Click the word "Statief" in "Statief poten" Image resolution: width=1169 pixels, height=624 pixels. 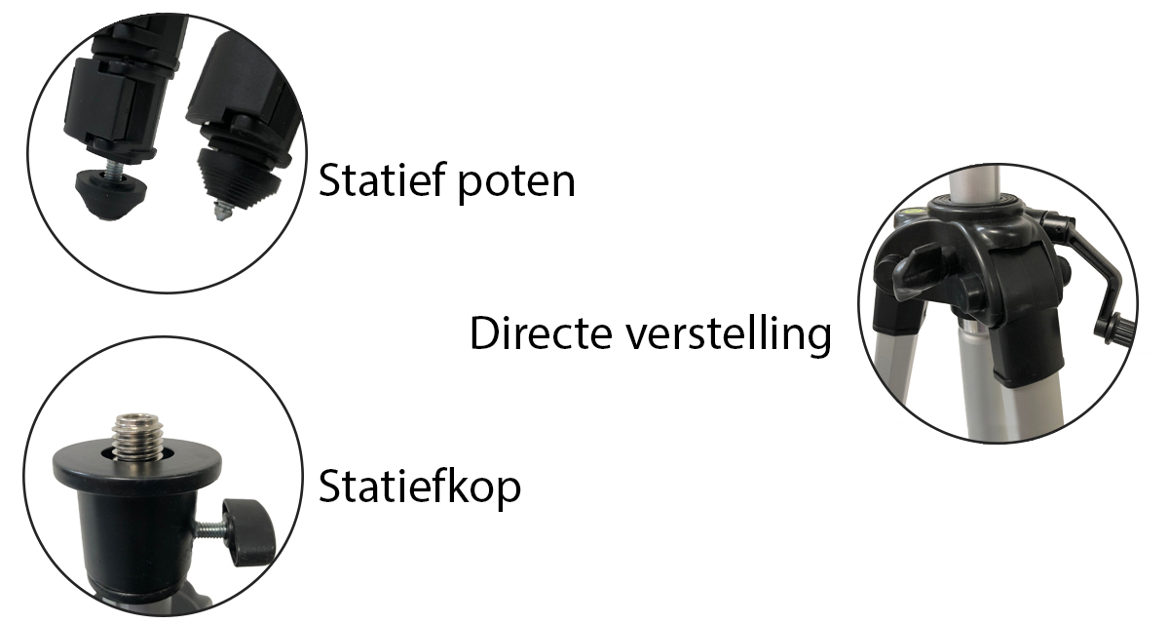378,180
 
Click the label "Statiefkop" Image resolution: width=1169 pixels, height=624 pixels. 419,487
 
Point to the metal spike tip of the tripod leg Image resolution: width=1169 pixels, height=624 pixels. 223,208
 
